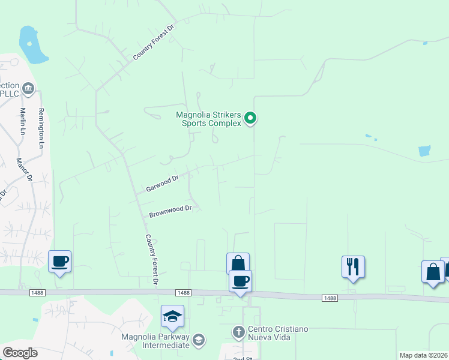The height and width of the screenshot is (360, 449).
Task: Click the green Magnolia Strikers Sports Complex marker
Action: [x=252, y=118]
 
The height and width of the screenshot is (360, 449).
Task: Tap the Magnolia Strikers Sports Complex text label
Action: [x=208, y=119]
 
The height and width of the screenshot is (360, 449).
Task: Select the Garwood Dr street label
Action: [x=162, y=184]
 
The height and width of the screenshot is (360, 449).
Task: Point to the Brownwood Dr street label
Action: [x=170, y=211]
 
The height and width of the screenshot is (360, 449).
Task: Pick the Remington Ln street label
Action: [x=41, y=128]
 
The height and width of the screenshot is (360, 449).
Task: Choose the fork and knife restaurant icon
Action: [x=353, y=265]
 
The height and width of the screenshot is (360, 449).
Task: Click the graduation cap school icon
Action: [x=172, y=315]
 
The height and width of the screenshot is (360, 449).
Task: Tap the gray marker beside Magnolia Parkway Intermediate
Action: [x=199, y=340]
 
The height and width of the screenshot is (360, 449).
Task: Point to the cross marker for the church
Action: [x=238, y=331]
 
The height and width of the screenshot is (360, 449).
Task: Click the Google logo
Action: [x=20, y=352]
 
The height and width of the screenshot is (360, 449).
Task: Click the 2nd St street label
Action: [x=243, y=357]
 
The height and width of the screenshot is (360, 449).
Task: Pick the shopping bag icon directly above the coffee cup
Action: [x=238, y=262]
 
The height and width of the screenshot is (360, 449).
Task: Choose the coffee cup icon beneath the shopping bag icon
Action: [x=240, y=281]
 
